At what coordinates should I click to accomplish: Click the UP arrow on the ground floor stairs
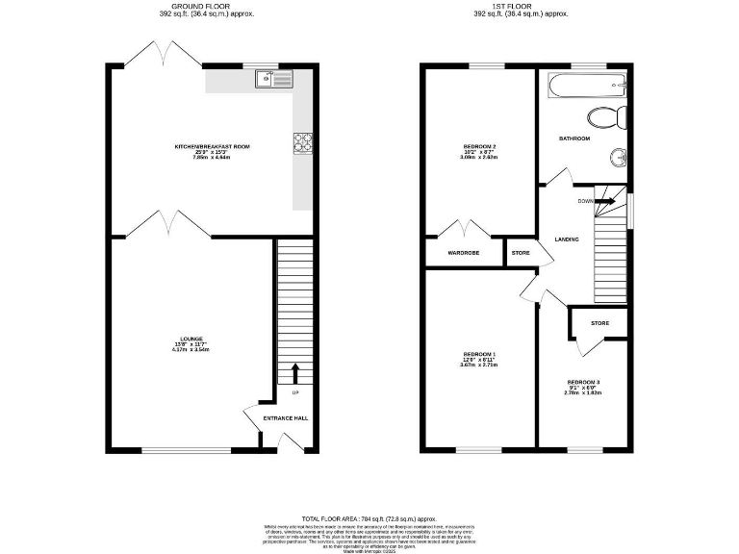pos(294,373)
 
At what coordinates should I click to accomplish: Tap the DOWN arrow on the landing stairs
pos(604,201)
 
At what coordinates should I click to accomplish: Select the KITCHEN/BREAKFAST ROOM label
pos(212,146)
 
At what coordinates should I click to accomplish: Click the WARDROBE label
pos(463,253)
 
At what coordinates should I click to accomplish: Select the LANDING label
pos(567,239)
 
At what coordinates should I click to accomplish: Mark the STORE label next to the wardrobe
pos(520,253)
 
